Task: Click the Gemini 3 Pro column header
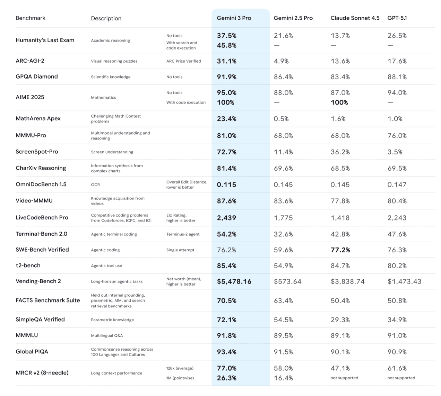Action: click(234, 18)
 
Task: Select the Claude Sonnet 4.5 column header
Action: click(355, 18)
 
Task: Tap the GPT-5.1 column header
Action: click(397, 18)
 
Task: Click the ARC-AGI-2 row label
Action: click(30, 61)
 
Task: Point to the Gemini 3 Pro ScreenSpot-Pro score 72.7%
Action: click(227, 152)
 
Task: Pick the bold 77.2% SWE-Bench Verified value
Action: click(340, 250)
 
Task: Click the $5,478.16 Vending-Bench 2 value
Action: click(234, 281)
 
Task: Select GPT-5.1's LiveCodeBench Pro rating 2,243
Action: click(397, 218)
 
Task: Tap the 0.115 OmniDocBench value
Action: click(226, 185)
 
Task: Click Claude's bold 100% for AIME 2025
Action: click(339, 102)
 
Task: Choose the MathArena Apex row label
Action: click(38, 118)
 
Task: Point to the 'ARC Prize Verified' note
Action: click(183, 61)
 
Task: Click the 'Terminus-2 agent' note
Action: click(183, 234)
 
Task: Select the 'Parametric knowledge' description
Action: click(112, 320)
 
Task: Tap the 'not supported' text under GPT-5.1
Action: click(401, 378)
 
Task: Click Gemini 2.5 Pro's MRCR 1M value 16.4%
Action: click(283, 378)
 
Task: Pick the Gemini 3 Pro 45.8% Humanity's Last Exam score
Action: click(227, 45)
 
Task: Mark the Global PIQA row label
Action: click(32, 352)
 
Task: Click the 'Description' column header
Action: click(106, 18)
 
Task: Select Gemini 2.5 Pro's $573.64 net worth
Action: click(287, 281)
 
